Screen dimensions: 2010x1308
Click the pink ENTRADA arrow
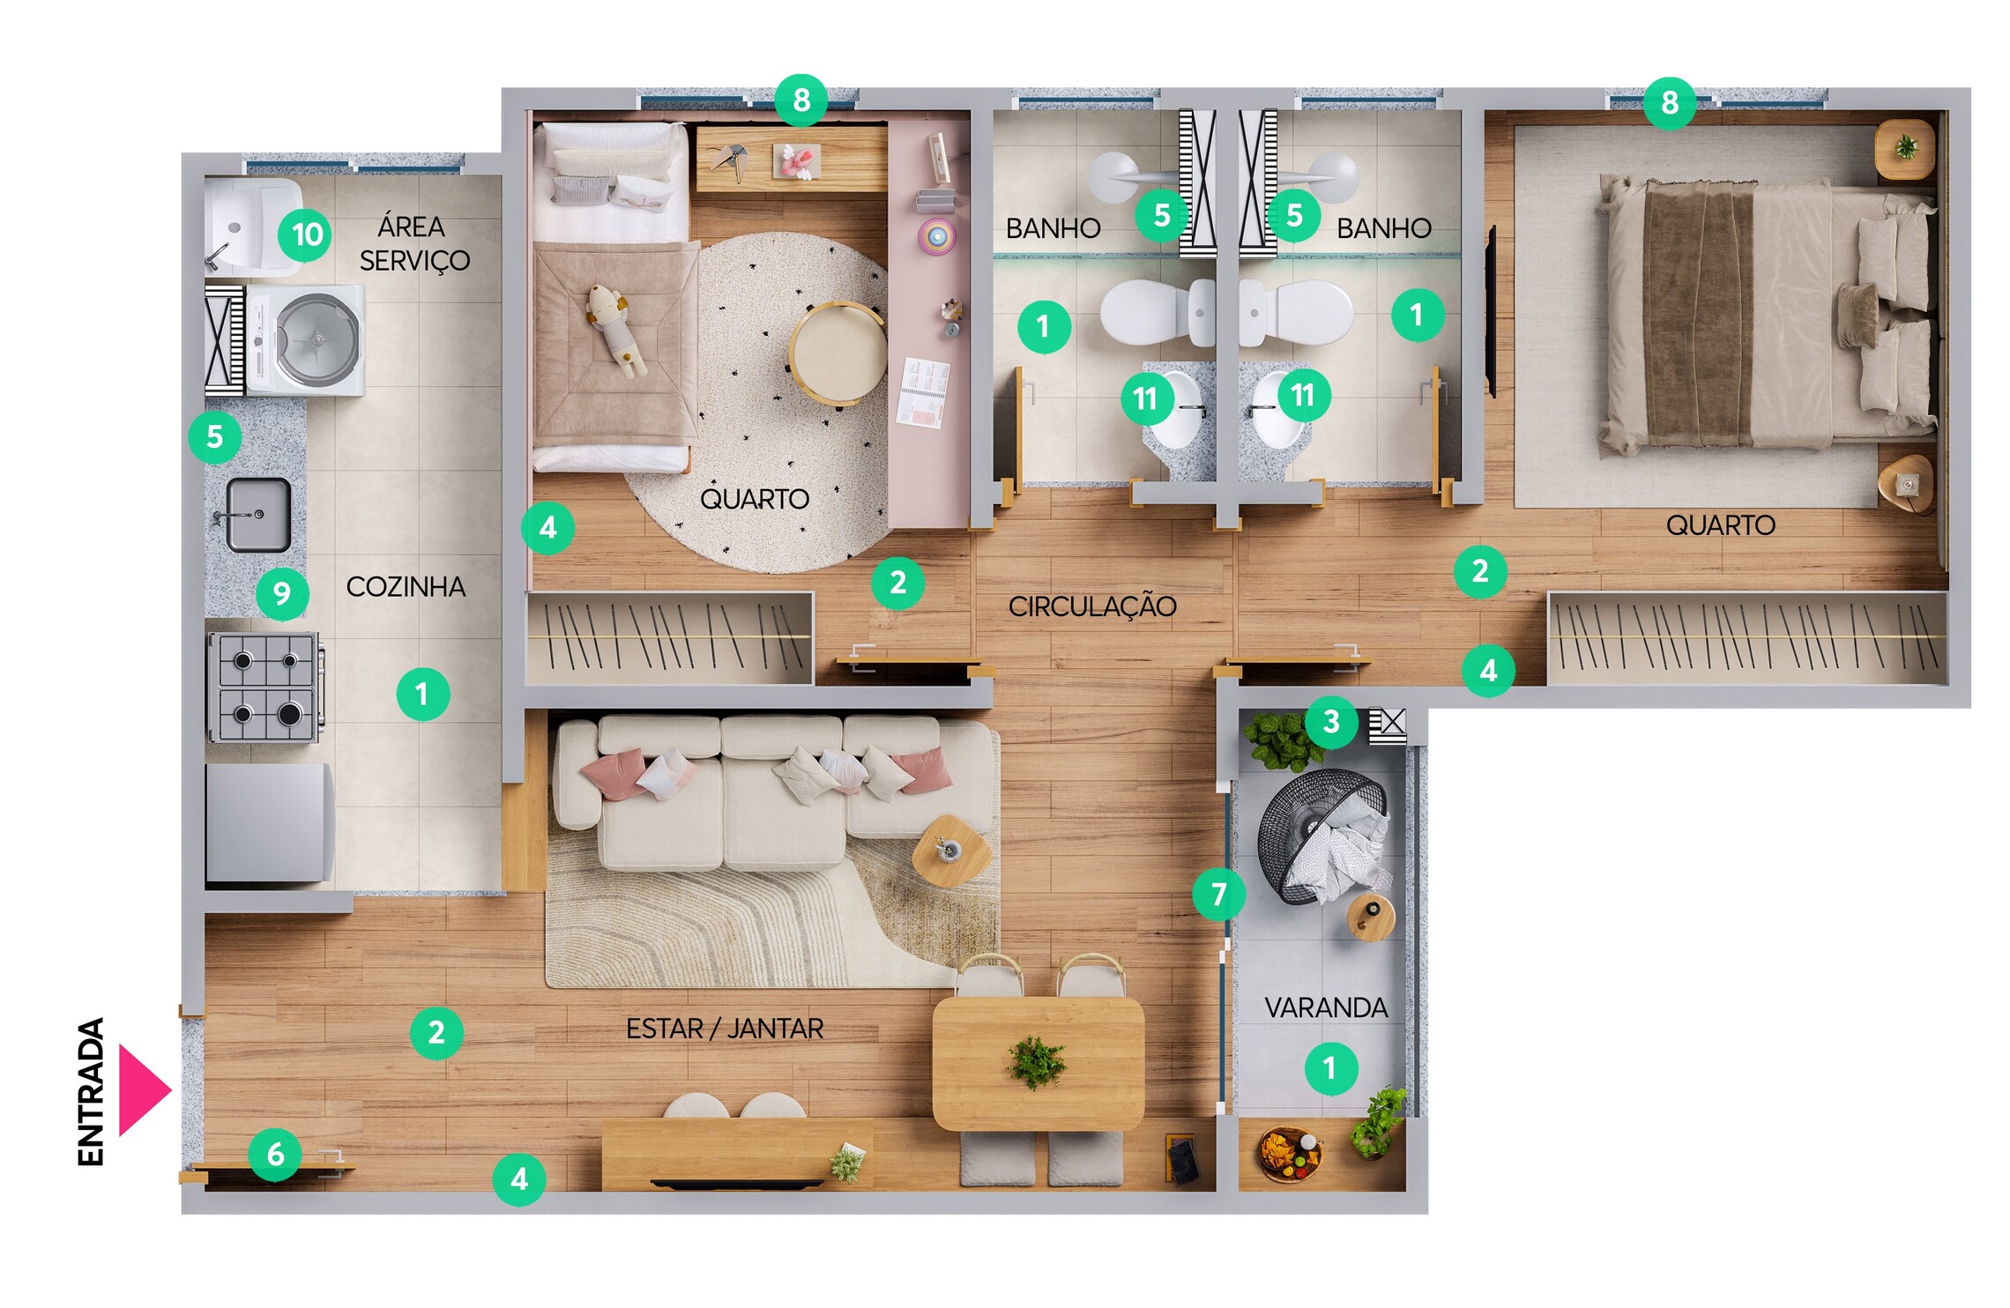coord(144,1090)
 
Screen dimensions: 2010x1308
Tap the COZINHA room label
coord(406,587)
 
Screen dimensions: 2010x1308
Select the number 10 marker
coord(305,234)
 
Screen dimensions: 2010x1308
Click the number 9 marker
coord(282,593)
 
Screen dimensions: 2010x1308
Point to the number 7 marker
coord(1218,895)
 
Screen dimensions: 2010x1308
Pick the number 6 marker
coord(275,1154)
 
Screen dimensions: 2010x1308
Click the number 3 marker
coord(1331,722)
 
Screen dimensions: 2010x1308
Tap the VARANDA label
coord(1326,1007)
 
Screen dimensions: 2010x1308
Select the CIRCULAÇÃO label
coord(1092,606)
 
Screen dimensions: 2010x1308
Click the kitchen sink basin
coord(258,515)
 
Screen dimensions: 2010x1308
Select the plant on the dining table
coord(1037,1061)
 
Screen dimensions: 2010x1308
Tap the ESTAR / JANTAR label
coord(725,1029)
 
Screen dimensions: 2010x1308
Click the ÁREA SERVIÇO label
coord(414,243)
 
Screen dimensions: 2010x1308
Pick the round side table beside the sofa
coord(951,851)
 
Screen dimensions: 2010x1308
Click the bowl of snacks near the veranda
coord(1291,1153)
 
